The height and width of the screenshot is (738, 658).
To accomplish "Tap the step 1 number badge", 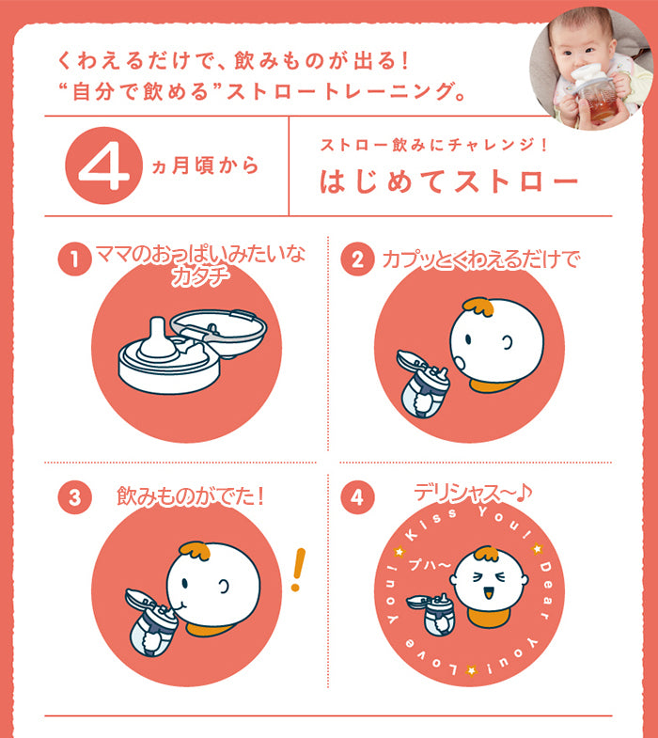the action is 74,259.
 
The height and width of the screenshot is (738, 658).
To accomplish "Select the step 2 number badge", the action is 358,259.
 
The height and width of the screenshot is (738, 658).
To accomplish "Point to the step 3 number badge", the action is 74,497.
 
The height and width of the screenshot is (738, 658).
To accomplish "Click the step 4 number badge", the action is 358,497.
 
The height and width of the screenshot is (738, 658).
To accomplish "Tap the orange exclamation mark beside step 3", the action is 297,570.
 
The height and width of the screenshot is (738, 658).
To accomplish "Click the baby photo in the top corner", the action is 590,69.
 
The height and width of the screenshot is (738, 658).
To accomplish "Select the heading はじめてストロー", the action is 449,181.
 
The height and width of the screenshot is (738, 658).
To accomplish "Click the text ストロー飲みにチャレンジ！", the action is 433,145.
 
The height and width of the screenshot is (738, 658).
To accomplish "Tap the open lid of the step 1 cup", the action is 219,333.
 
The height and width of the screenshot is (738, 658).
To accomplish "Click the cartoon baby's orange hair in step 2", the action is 478,306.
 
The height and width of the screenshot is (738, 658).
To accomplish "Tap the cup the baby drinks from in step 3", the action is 150,622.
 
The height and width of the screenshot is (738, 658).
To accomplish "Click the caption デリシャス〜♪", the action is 473,494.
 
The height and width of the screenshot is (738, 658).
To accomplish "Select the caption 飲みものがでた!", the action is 190,496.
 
